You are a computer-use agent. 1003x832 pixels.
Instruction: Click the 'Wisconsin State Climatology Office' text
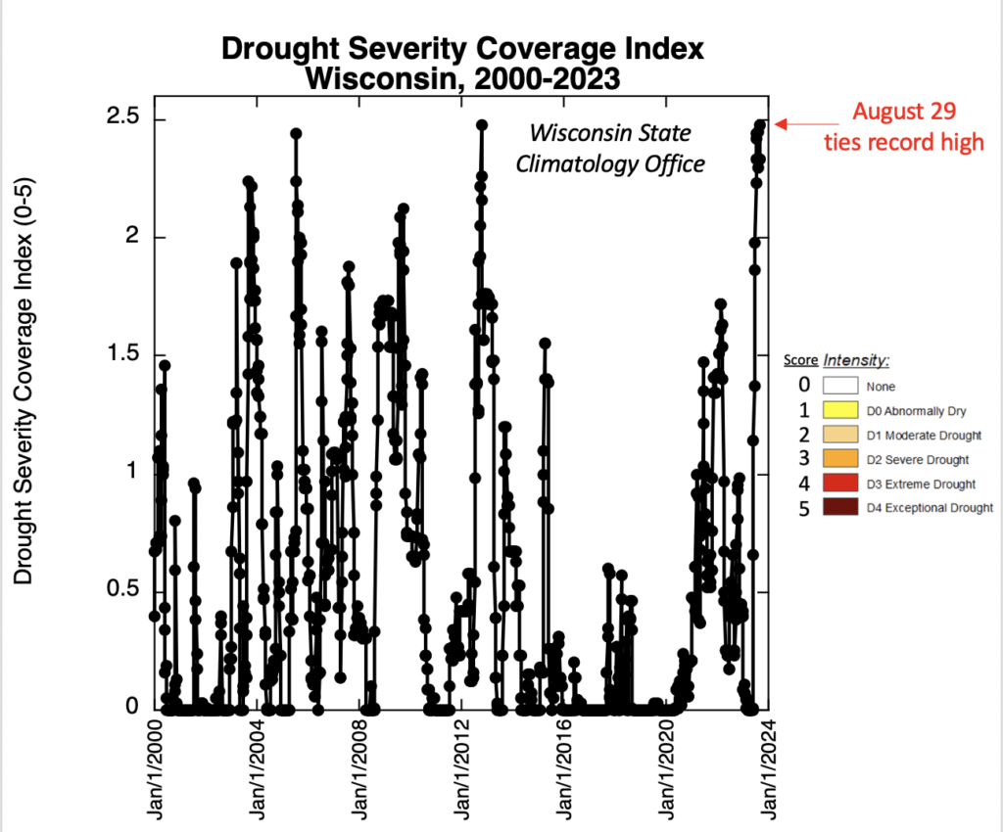click(x=610, y=148)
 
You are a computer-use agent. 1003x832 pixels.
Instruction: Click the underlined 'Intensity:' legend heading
click(x=855, y=360)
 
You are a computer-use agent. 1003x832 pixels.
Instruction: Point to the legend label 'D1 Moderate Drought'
click(x=924, y=435)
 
